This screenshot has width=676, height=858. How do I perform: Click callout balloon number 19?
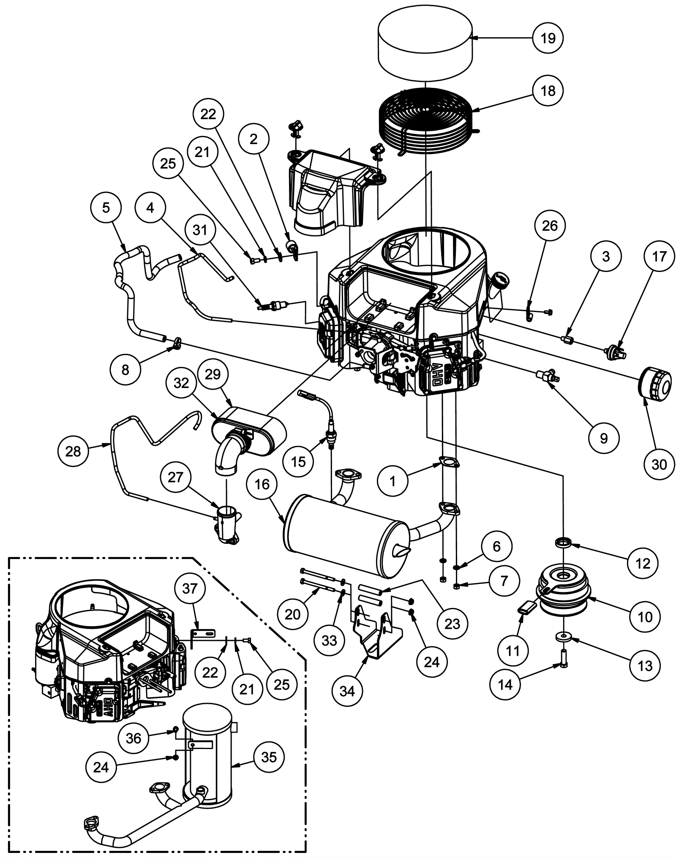(x=548, y=38)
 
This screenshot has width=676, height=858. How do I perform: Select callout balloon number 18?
(x=548, y=90)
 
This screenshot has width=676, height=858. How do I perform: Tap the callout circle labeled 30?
(x=659, y=464)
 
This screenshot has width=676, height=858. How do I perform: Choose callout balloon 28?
(x=73, y=451)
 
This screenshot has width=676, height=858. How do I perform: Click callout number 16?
(x=262, y=484)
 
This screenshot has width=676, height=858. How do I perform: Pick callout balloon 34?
(x=347, y=691)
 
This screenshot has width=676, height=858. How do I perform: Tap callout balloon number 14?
(x=505, y=684)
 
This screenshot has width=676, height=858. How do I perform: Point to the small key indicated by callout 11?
(x=528, y=610)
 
